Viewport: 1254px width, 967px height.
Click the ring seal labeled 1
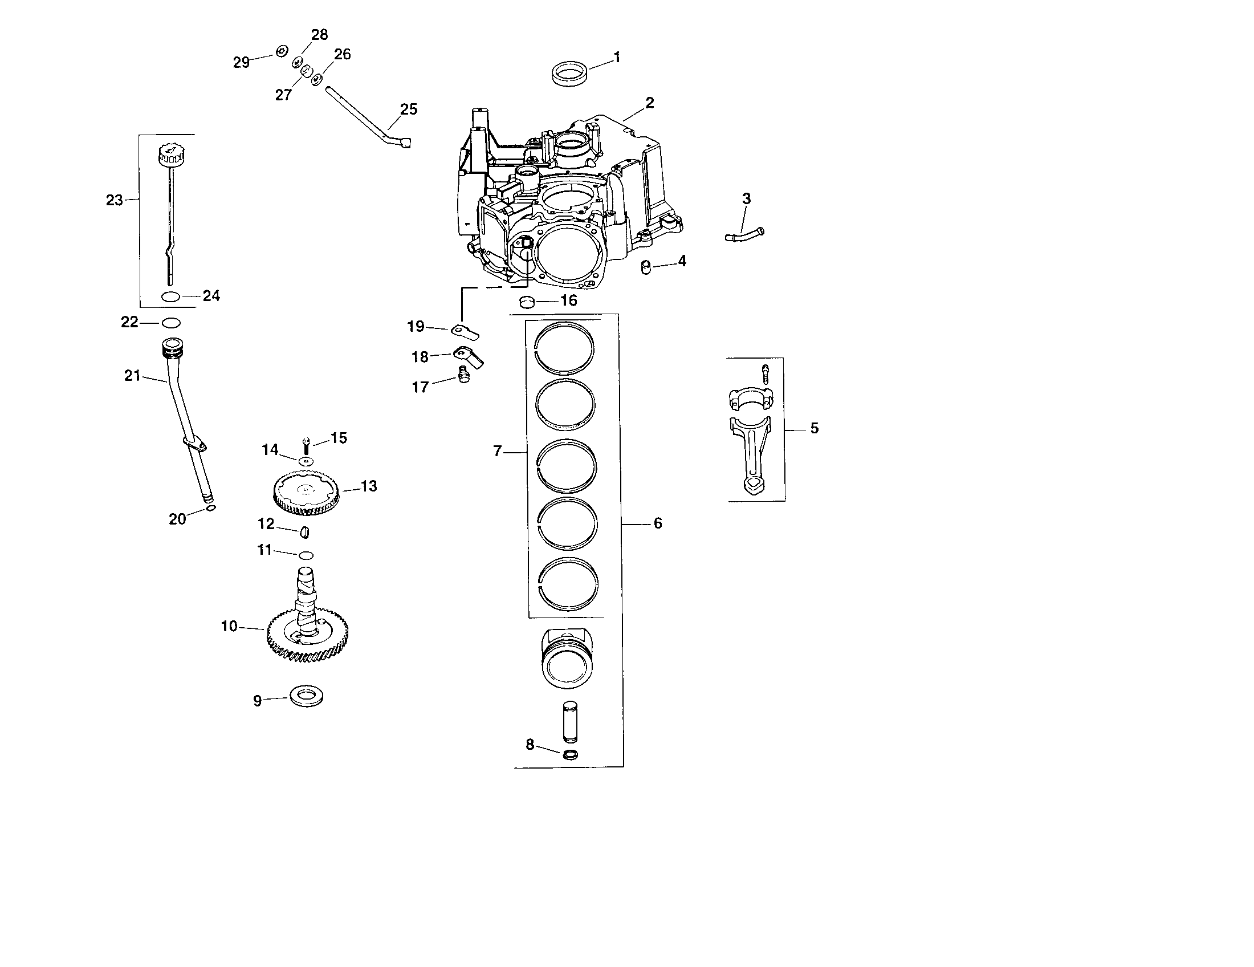568,75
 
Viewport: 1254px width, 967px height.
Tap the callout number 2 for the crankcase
649,103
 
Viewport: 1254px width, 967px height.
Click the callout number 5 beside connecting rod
814,428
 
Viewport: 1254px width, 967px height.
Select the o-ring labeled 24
171,296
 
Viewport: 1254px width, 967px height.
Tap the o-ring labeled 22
171,323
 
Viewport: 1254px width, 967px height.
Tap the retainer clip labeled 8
570,754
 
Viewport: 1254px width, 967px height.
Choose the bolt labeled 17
463,378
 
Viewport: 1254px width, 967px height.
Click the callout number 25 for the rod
408,109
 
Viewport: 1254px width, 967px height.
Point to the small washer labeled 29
281,52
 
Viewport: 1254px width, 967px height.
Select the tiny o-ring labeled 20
211,508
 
